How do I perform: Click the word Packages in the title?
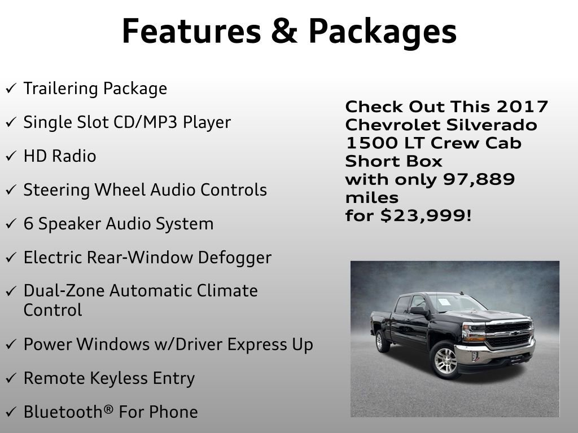pos(383,32)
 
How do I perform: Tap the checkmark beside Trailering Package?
pos(11,89)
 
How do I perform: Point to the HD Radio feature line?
pos(60,156)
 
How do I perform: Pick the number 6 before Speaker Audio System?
pos(29,224)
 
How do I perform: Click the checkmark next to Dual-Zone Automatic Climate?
pos(11,292)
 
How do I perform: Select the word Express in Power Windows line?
pos(245,344)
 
